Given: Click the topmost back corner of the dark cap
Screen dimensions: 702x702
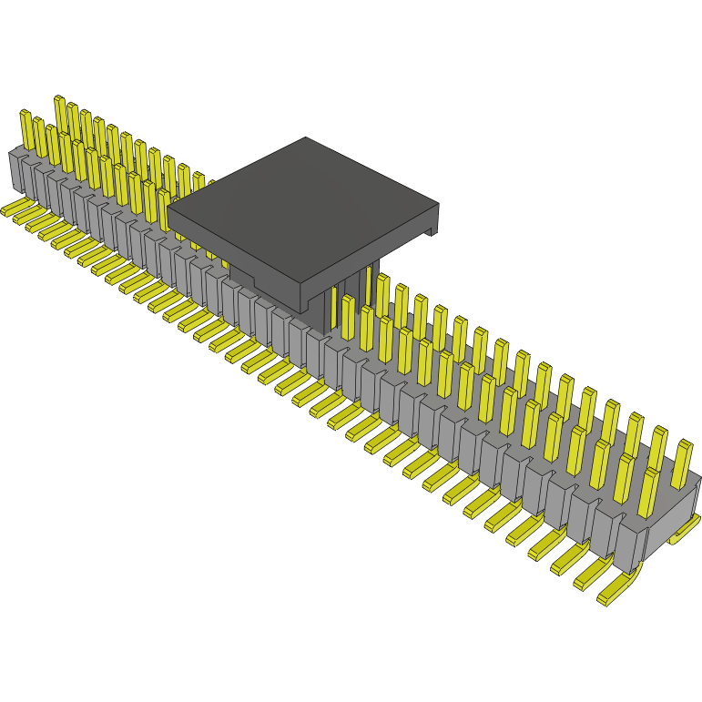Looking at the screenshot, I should [306, 138].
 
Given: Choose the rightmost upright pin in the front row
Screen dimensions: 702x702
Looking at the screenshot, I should [651, 492].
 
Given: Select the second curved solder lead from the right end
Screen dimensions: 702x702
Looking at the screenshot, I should [592, 574].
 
